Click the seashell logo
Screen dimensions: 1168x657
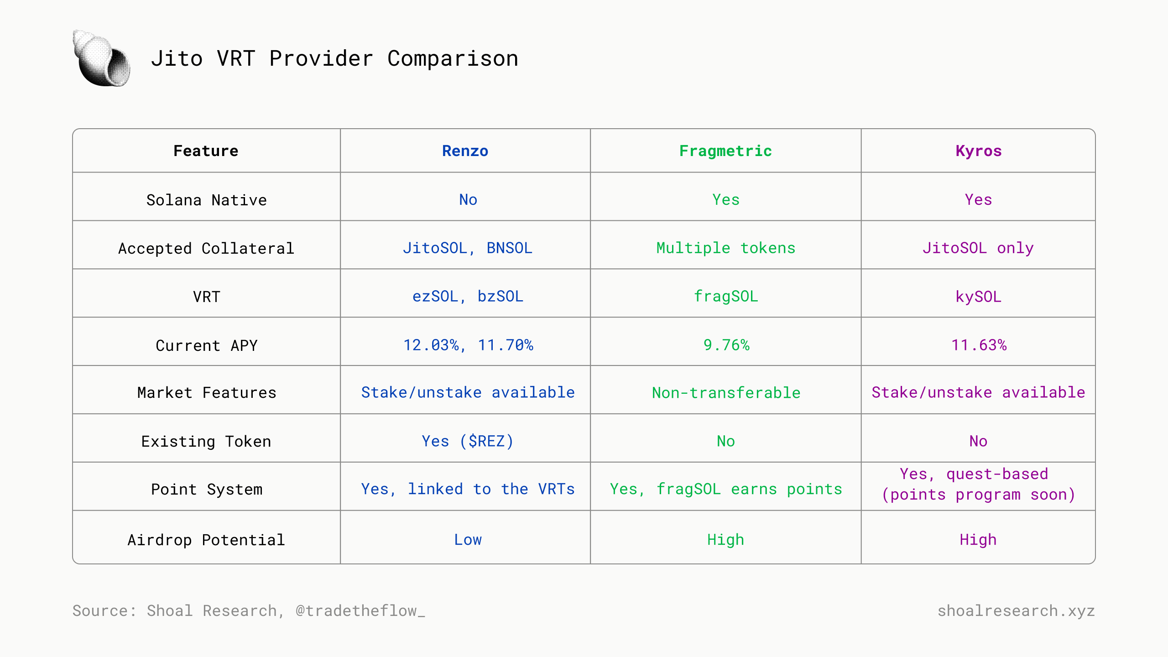point(102,58)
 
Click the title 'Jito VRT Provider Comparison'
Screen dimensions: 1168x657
point(334,58)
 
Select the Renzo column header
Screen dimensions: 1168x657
point(465,151)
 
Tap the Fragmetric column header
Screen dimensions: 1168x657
point(725,151)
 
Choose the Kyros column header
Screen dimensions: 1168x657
point(978,151)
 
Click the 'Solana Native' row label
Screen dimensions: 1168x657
point(206,200)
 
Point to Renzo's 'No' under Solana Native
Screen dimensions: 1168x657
point(468,199)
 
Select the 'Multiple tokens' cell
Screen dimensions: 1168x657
point(725,248)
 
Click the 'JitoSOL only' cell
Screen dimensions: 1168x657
point(978,248)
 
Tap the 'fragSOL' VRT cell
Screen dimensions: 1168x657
point(725,296)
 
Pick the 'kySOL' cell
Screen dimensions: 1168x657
point(978,297)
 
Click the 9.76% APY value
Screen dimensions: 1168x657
point(726,345)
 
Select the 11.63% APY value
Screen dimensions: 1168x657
point(979,345)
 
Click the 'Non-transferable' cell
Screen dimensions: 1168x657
point(726,392)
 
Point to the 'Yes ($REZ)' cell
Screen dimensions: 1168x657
point(468,441)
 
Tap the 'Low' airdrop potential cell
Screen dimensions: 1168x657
point(468,540)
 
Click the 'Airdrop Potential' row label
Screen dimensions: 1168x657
point(206,540)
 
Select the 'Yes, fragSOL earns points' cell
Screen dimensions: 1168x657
point(726,489)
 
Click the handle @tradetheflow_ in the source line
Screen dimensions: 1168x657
point(360,610)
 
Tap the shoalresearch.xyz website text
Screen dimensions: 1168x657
point(1016,610)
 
